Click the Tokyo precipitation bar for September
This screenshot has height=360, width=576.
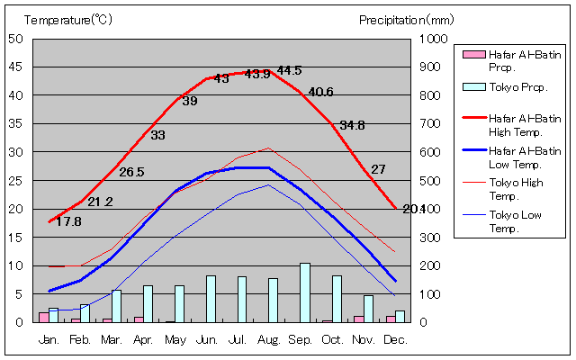coord(305,292)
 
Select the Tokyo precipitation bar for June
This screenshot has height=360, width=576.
coord(211,299)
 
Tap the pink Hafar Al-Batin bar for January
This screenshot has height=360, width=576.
coord(43,317)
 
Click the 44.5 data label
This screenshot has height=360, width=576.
coord(290,70)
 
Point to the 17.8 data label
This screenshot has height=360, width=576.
coord(68,221)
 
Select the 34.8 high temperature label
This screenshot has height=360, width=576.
coord(352,125)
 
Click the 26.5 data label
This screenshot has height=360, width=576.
coord(131,172)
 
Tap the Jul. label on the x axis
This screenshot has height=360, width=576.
coord(239,340)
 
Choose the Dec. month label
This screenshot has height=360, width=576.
coord(395,340)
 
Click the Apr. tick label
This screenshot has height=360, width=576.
coord(144,340)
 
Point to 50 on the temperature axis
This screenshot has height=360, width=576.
coord(17,39)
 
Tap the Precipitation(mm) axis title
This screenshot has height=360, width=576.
coord(407,19)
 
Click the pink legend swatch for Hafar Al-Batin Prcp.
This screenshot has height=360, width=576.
coord(472,55)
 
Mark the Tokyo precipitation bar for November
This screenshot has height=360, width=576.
coord(368,309)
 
